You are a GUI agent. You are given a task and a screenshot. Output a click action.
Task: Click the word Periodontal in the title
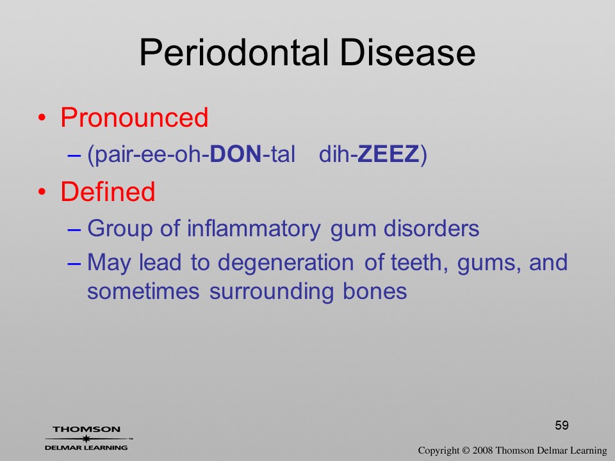[234, 53]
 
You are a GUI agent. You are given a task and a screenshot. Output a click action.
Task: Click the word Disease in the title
[407, 53]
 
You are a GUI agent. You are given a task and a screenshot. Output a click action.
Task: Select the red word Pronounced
[134, 117]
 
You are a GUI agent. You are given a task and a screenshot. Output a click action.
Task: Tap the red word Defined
[108, 191]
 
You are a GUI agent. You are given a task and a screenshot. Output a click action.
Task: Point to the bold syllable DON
[236, 154]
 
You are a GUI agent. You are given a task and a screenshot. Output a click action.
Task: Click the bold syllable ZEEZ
[388, 154]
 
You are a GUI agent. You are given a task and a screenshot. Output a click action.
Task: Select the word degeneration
[286, 263]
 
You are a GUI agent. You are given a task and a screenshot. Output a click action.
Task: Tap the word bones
[375, 291]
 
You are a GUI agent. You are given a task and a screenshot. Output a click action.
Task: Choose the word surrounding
[272, 292]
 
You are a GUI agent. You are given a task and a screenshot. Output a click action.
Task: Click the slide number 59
[562, 425]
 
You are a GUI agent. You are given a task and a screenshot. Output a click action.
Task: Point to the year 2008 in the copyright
[482, 450]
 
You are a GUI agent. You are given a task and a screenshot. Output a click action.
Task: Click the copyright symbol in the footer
[466, 450]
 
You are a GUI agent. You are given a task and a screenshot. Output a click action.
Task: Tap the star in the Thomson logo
[86, 439]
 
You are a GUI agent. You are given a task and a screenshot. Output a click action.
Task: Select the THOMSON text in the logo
[86, 429]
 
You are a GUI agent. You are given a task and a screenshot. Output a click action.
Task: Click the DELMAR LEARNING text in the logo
[86, 448]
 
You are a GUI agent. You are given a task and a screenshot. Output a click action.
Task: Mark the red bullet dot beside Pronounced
[42, 118]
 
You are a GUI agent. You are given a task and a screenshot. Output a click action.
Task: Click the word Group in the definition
[120, 229]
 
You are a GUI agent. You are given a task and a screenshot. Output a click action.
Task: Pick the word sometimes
[143, 291]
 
